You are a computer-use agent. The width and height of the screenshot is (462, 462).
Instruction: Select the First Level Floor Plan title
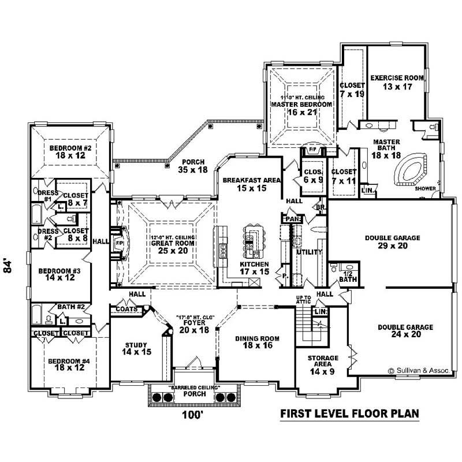point(349,414)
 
